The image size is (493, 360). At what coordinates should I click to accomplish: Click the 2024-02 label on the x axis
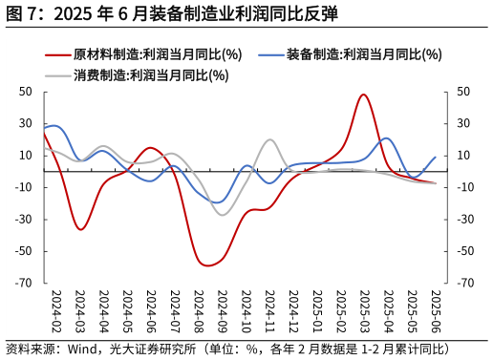(55, 309)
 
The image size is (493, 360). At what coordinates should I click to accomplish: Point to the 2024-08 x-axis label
(199, 309)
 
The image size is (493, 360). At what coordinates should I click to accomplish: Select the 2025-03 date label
(365, 309)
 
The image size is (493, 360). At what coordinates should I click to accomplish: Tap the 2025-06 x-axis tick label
(437, 309)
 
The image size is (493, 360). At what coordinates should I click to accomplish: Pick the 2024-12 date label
(293, 309)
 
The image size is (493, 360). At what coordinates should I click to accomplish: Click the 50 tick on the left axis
(26, 92)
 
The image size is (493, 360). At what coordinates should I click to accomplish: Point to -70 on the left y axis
(24, 284)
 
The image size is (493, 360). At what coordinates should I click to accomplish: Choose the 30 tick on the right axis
(463, 123)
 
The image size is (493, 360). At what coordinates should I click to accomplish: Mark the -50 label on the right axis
(465, 251)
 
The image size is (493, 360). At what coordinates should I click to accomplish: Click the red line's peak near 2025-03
(364, 95)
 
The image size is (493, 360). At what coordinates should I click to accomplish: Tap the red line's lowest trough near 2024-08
(206, 265)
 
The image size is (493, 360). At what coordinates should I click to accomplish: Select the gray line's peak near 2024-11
(270, 139)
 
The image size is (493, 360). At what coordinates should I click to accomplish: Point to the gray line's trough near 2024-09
(224, 215)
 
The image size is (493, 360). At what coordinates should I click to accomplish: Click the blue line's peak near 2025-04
(387, 138)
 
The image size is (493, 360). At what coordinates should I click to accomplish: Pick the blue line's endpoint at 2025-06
(436, 158)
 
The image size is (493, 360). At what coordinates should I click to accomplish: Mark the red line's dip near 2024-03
(80, 229)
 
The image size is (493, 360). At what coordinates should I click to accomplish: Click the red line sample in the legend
(57, 54)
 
